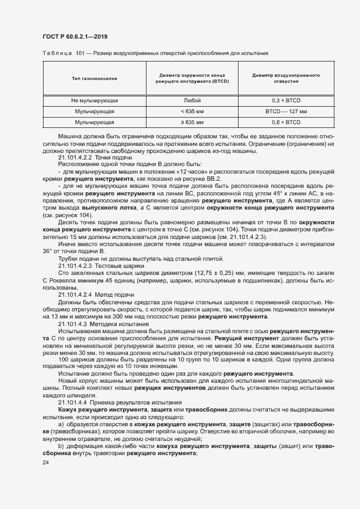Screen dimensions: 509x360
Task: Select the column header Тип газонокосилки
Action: coord(94,78)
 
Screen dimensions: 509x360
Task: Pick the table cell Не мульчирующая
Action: coord(94,101)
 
